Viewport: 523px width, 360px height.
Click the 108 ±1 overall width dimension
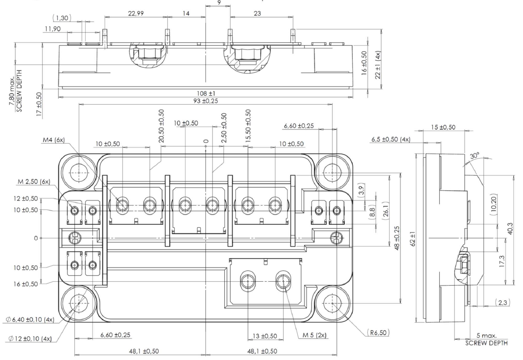coord(205,92)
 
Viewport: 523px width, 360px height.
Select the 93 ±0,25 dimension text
coord(206,101)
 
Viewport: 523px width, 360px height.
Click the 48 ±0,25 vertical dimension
coord(397,237)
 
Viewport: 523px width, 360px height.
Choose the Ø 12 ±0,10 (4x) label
coord(29,338)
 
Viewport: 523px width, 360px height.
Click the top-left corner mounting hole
coord(78,172)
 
